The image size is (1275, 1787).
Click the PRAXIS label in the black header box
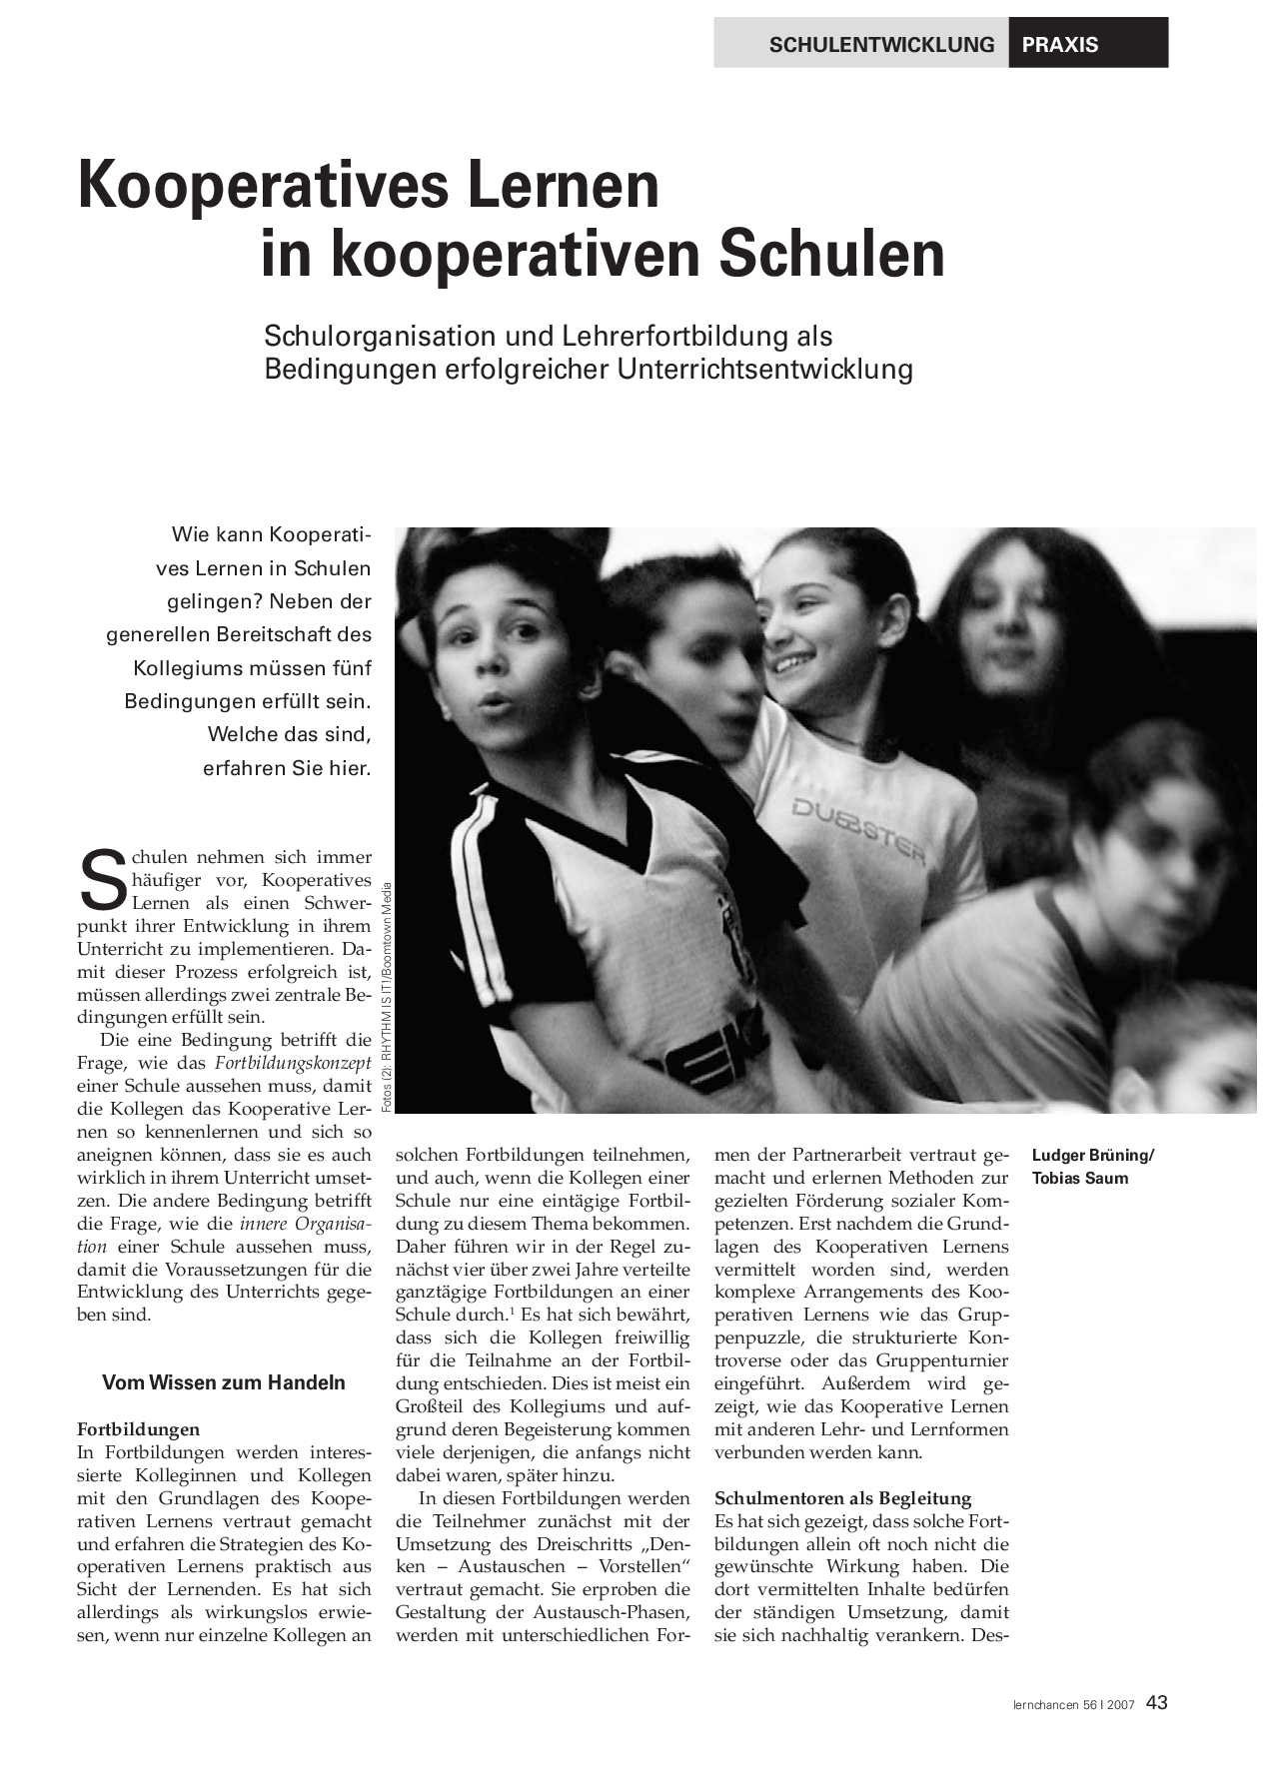coord(1059,44)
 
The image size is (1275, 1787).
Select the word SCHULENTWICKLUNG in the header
coord(881,44)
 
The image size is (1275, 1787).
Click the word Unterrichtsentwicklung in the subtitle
coord(764,370)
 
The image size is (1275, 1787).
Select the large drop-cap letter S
coord(102,880)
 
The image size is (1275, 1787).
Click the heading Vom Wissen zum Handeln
coord(224,1382)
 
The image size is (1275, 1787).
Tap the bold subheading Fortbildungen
coord(138,1429)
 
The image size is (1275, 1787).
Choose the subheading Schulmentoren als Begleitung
coord(842,1498)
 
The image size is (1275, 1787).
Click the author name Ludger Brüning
coord(1091,1156)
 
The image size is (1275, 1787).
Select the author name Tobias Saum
coord(1080,1179)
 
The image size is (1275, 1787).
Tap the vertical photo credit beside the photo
coord(386,999)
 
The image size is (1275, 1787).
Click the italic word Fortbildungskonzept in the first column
coord(293,1063)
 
